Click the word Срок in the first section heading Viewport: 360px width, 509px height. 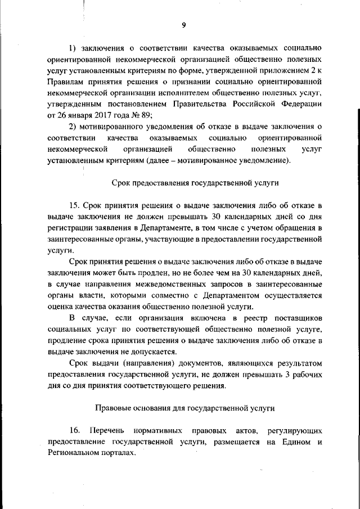[x=120, y=183]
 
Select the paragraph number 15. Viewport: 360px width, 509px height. [x=74, y=206]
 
